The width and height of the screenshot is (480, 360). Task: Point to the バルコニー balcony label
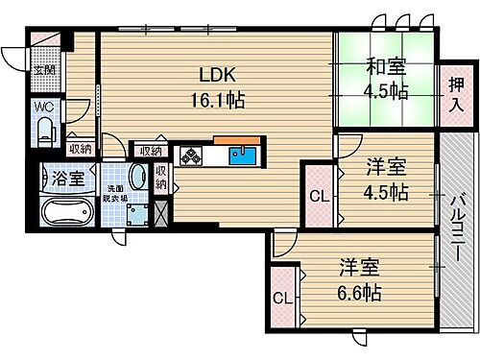point(458,223)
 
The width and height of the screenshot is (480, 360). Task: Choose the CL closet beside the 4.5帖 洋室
point(318,199)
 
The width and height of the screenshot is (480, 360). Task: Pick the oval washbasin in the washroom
point(136,178)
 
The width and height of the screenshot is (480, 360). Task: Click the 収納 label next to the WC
point(80,148)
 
